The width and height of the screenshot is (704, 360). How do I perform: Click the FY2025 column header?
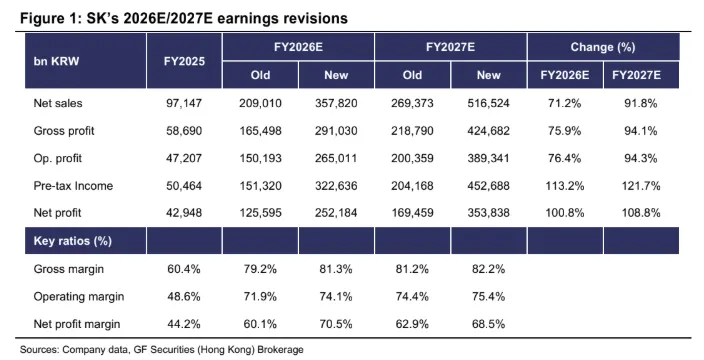click(x=184, y=61)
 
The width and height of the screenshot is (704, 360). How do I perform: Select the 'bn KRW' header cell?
click(x=56, y=61)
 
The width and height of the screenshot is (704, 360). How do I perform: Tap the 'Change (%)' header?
click(x=603, y=47)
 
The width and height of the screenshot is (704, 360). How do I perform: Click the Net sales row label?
click(x=58, y=103)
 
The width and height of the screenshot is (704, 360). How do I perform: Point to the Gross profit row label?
click(x=64, y=131)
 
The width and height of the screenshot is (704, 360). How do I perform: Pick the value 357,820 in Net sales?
click(x=336, y=103)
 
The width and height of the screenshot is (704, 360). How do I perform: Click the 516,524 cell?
click(x=488, y=103)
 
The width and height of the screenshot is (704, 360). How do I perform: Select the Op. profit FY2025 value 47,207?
click(x=184, y=158)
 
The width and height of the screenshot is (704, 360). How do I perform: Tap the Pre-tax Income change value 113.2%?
click(x=565, y=186)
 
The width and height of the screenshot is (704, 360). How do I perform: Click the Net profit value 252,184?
click(x=336, y=213)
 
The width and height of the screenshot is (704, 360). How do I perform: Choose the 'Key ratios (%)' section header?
click(x=73, y=241)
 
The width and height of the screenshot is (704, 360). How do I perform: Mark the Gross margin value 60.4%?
click(x=184, y=269)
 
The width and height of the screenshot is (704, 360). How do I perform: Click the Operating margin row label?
click(x=79, y=297)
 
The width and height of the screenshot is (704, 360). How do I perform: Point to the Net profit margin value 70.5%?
click(x=336, y=324)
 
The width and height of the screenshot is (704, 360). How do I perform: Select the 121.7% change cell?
click(x=641, y=186)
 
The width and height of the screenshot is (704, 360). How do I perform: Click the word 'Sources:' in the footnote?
click(x=40, y=350)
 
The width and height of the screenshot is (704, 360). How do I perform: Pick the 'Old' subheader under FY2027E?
click(x=412, y=75)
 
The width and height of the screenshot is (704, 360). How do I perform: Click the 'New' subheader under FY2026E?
click(x=336, y=75)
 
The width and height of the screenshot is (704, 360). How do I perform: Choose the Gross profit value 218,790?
click(x=412, y=131)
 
